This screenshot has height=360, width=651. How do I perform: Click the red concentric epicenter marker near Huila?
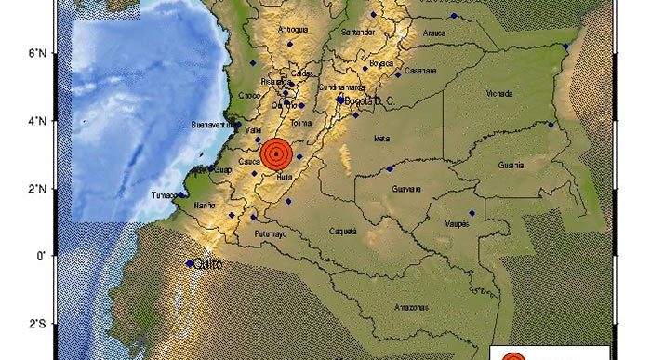point(276,153)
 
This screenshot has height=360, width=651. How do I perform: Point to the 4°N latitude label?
point(37,121)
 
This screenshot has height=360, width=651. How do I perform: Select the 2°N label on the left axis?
point(37,189)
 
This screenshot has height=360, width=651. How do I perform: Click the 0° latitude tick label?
point(41,256)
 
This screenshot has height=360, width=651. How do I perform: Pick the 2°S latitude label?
point(37,324)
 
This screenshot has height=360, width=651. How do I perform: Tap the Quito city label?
point(207,263)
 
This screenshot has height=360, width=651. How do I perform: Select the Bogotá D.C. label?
point(367,100)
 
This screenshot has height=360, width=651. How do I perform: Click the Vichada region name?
point(499,93)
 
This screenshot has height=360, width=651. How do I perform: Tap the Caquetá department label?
point(343,231)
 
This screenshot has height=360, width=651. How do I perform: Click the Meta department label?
point(380,139)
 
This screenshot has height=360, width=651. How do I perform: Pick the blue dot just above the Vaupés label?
point(472,214)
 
